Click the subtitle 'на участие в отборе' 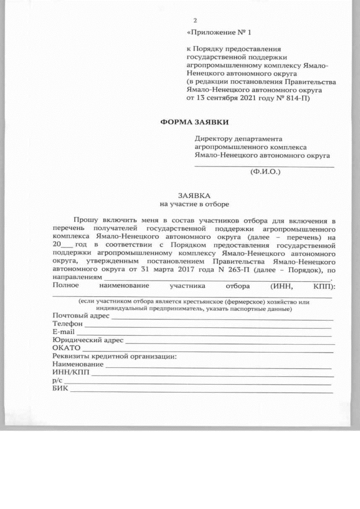(x=194, y=204)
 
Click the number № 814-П (x=294, y=98)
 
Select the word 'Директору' (x=214, y=138)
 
